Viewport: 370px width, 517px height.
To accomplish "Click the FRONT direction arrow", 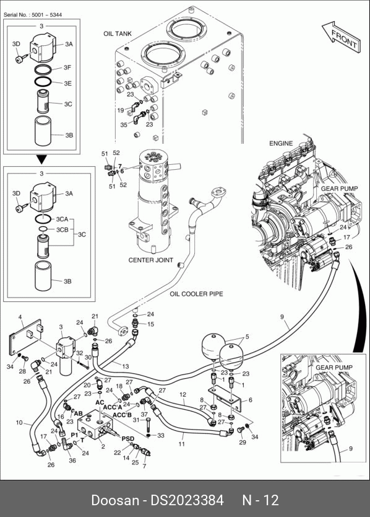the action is click(341, 37).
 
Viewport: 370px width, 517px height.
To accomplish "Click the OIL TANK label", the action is click(118, 33).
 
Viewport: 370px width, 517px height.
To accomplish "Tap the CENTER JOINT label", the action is click(151, 260).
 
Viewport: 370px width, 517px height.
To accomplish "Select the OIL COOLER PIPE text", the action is click(197, 294).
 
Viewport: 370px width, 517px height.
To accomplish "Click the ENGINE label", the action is click(281, 143).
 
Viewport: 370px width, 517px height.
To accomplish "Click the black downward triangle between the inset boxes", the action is click(42, 160).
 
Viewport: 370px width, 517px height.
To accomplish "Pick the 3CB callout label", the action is click(62, 229).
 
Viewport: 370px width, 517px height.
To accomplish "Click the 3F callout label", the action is click(67, 68).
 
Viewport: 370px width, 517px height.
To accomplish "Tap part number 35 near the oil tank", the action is click(124, 125).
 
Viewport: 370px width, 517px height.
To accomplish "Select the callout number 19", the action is click(121, 110).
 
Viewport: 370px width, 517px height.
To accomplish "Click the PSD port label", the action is click(128, 439).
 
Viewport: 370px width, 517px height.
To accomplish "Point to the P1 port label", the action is click(74, 435).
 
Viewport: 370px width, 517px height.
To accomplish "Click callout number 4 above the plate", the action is click(20, 317).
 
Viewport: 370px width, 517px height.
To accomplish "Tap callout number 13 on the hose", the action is click(126, 366).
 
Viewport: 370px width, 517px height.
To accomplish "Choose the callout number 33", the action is click(161, 436).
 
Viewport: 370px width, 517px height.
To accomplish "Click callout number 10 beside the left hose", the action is click(19, 422).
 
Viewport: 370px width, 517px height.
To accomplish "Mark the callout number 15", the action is click(150, 324).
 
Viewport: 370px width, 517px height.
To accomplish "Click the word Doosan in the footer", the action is click(115, 500).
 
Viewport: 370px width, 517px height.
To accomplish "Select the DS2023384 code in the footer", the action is click(187, 500).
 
